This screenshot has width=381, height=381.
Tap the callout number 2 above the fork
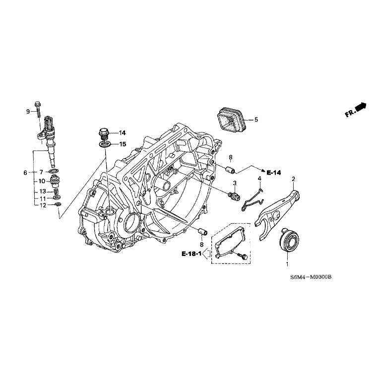tap(293, 179)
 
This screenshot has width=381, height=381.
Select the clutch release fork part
tap(276, 209)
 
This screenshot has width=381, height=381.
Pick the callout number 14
tap(122, 133)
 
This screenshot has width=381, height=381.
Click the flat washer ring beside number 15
tap(105, 144)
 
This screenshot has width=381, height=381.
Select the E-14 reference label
tap(273, 173)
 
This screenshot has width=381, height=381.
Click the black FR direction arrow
tap(361, 106)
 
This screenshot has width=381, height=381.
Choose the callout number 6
tap(25, 173)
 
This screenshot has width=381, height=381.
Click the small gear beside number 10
tap(55, 181)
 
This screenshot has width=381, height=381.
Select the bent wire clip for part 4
tap(252, 197)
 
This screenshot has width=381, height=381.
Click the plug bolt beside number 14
tap(103, 133)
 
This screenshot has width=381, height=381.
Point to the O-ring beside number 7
tap(55, 172)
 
